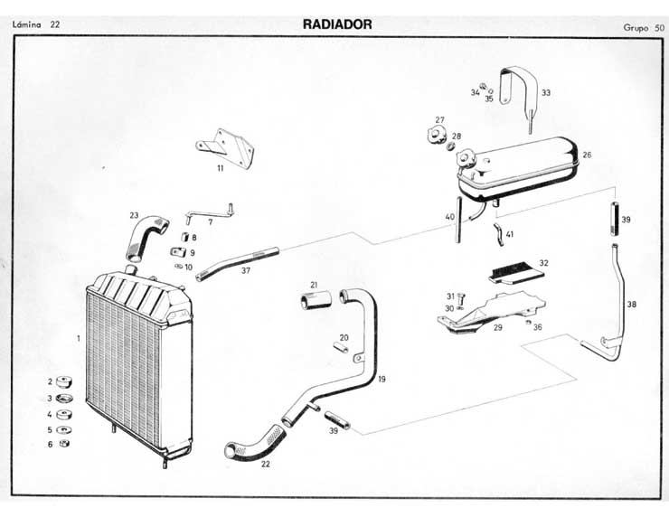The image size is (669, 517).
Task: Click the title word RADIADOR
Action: point(337,24)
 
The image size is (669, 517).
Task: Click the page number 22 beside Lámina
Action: point(55,24)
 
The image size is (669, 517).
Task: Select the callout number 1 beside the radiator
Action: point(79,338)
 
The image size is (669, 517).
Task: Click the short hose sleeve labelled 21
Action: point(313,299)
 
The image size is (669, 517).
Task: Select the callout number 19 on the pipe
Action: point(382,380)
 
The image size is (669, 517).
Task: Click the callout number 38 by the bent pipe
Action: point(631,305)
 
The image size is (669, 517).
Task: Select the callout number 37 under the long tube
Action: point(246,270)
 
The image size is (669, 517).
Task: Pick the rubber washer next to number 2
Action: point(64,382)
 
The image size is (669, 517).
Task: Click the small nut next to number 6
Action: point(64,444)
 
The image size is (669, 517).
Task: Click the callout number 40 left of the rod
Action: point(449,217)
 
